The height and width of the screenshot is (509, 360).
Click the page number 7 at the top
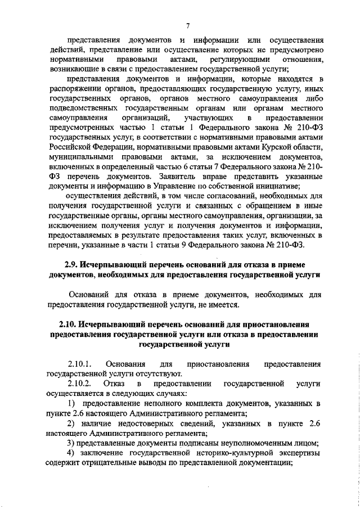[x=188, y=25]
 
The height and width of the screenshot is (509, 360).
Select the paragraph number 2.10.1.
[x=79, y=363]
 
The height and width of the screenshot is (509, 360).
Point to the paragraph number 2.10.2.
[x=79, y=384]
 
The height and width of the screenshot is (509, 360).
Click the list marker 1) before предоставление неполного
[x=72, y=404]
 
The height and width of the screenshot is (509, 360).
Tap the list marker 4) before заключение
[x=71, y=453]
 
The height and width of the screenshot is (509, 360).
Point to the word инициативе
[x=275, y=187]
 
